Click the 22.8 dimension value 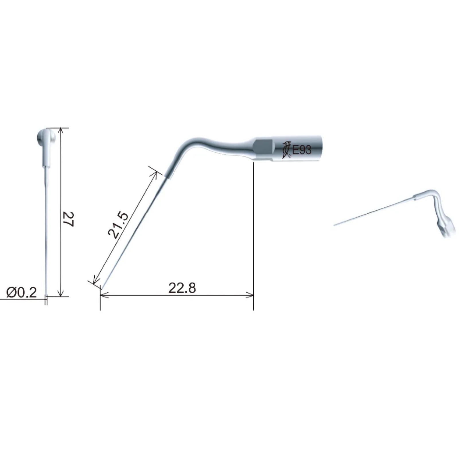coord(182,288)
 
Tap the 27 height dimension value coord(69,219)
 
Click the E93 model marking coord(302,149)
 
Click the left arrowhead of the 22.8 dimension coord(104,295)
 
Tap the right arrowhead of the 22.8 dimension coord(250,295)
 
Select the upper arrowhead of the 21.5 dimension coord(155,174)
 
